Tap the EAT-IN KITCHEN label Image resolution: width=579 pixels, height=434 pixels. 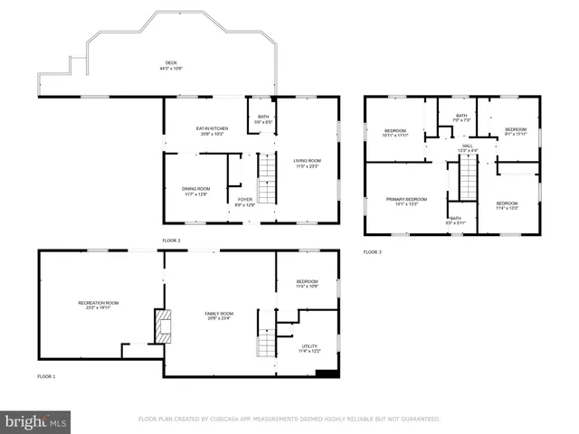pyautogui.click(x=212, y=129)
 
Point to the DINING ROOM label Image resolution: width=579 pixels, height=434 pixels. pyautogui.click(x=195, y=190)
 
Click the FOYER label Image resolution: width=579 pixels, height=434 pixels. pyautogui.click(x=245, y=202)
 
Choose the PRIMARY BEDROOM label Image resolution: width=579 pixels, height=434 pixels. pyautogui.click(x=406, y=200)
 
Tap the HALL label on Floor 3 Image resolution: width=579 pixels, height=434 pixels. pyautogui.click(x=468, y=146)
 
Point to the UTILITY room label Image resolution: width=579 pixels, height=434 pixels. pyautogui.click(x=309, y=346)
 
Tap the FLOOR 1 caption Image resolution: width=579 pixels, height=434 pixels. pyautogui.click(x=46, y=375)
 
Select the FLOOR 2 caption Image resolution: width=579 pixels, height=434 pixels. pyautogui.click(x=171, y=241)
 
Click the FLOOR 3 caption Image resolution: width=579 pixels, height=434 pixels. pyautogui.click(x=373, y=251)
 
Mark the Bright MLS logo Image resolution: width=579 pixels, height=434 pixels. pyautogui.click(x=36, y=421)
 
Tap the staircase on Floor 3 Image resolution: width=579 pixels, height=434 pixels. pyautogui.click(x=467, y=177)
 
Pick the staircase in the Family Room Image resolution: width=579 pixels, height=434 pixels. pyautogui.click(x=265, y=344)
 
